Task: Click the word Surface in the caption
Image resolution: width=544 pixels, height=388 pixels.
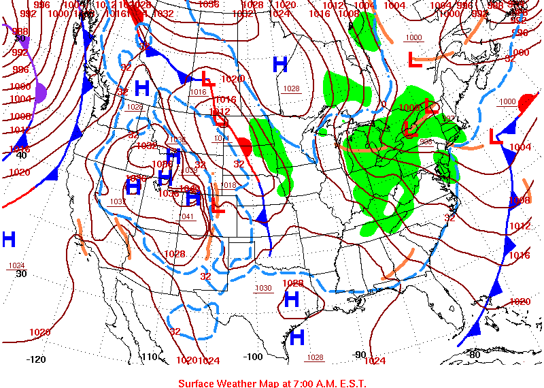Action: click(198, 383)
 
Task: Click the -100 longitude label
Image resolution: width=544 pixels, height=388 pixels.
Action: click(252, 356)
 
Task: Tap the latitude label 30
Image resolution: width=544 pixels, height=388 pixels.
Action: click(21, 274)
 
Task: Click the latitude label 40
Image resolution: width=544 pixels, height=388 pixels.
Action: click(21, 155)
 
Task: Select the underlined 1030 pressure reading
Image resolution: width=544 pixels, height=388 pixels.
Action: click(263, 288)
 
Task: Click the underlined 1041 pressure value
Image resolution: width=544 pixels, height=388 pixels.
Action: click(187, 216)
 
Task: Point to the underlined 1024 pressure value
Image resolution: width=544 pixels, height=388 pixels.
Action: click(16, 265)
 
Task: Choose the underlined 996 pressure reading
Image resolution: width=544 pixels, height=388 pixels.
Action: click(426, 142)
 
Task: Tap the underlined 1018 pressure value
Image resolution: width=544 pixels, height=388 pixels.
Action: click(228, 185)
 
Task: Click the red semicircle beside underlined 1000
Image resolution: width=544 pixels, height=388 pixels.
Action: click(526, 104)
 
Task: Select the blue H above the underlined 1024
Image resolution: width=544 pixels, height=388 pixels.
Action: click(9, 239)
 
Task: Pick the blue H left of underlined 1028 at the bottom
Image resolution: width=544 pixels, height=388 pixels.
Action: click(296, 337)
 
